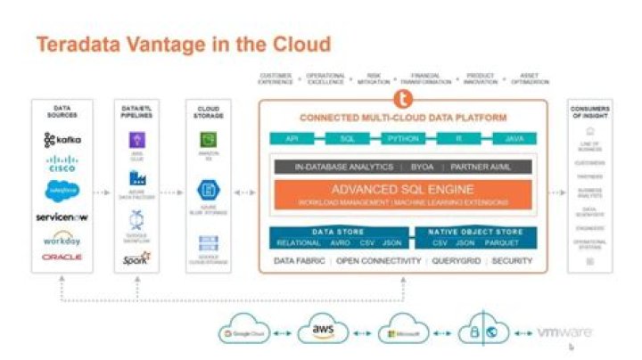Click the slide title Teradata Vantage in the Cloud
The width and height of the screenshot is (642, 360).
point(183,44)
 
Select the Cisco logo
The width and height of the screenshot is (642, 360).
point(62,164)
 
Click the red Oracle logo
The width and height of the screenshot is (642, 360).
point(62,257)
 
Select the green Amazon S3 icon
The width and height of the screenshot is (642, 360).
point(208,140)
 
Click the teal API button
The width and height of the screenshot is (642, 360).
point(292,139)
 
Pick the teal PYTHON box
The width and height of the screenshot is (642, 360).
point(401,139)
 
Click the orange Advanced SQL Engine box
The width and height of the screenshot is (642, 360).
point(401,194)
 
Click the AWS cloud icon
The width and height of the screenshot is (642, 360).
point(322,331)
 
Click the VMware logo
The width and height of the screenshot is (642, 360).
point(564,331)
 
